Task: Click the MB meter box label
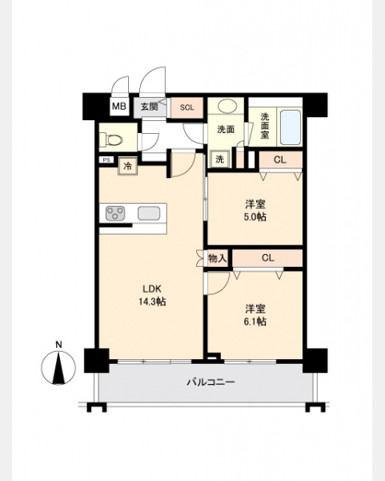point(118,107)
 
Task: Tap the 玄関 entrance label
point(149,107)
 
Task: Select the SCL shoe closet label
point(186,107)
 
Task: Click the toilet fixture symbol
point(113,139)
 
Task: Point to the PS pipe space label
point(106,160)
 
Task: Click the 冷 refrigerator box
point(128,166)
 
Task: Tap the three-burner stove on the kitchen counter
point(115,213)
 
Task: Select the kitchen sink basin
point(149,213)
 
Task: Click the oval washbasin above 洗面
point(227,106)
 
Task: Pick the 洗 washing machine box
point(220,160)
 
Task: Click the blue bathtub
point(290,127)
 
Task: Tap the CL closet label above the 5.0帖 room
point(279,160)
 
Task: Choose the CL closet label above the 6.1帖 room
point(267,258)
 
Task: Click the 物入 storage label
point(217,258)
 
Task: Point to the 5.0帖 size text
point(255,217)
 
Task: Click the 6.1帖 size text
point(255,321)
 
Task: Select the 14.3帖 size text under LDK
point(152,302)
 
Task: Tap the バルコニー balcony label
point(211,382)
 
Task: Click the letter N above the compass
point(58,345)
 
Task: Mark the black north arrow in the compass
point(58,369)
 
